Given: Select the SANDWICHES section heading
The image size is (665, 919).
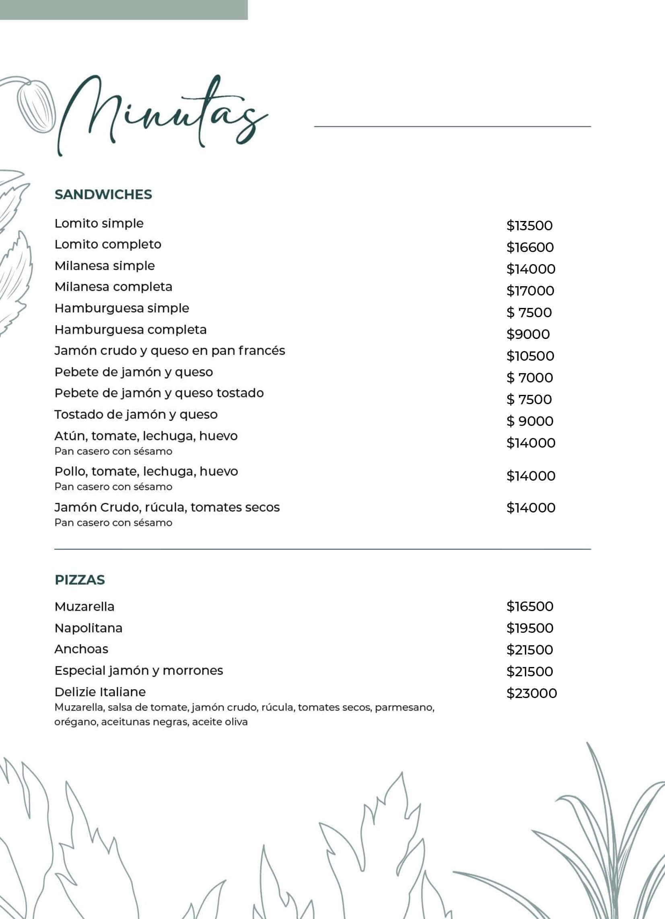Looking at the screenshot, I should tap(103, 194).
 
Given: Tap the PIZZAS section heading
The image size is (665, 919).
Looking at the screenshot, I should tap(80, 580).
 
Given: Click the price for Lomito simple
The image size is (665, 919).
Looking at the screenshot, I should tap(529, 225).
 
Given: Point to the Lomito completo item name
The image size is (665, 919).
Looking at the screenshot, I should tap(108, 244).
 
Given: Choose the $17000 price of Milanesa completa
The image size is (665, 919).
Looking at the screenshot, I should tap(530, 291).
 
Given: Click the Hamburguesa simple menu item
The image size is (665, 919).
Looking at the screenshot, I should tap(122, 308).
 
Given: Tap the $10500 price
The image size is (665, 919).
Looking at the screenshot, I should tap(530, 356).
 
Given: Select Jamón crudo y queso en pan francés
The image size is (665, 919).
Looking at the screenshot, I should tap(170, 351).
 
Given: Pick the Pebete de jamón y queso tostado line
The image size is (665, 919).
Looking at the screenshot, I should tap(159, 393).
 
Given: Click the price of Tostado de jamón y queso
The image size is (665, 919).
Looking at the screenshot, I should tap(530, 421).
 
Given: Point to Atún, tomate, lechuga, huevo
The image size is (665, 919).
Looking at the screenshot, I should tap(146, 436).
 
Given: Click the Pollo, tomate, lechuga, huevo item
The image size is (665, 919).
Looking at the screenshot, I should tap(146, 471).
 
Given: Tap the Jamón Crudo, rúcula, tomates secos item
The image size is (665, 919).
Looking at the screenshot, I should tap(167, 507).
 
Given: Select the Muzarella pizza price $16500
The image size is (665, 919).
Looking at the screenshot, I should tap(530, 606).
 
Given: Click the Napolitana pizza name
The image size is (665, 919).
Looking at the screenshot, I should tap(88, 628).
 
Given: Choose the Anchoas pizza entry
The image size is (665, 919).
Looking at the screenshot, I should tap(81, 649).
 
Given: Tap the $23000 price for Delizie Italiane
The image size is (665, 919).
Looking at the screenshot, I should tap(531, 693).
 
